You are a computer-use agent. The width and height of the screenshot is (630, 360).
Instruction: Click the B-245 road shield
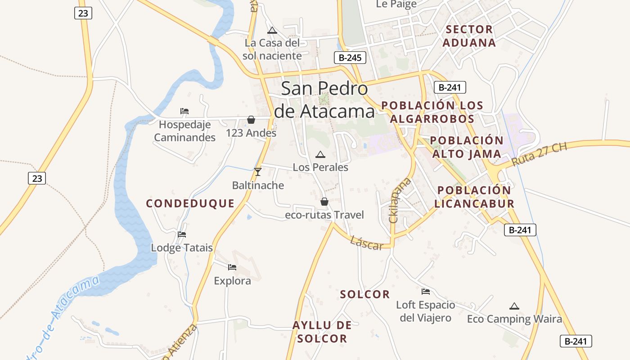click(350, 58)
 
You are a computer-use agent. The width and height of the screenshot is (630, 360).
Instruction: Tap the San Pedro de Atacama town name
click(324, 100)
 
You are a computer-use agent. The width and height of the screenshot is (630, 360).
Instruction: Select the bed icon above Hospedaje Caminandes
click(184, 111)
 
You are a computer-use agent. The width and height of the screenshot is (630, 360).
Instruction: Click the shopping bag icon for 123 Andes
click(251, 120)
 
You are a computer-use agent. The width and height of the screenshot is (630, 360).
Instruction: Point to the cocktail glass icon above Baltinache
click(258, 172)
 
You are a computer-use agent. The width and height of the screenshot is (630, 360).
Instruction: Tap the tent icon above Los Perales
click(320, 155)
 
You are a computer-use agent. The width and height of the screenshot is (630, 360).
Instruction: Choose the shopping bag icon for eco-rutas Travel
click(324, 202)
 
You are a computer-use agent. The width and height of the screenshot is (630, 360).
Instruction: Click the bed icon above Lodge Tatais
click(182, 234)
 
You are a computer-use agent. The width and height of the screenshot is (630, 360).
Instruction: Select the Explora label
click(232, 281)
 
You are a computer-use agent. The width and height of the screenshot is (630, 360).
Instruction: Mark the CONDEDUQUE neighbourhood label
click(190, 203)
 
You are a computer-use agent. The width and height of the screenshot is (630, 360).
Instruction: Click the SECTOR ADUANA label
click(469, 36)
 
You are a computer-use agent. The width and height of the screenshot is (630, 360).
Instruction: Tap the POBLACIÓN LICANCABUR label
click(474, 197)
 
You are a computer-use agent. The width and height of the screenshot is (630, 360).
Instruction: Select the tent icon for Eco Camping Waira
click(514, 306)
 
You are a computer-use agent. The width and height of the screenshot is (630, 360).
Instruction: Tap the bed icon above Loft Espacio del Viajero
click(425, 292)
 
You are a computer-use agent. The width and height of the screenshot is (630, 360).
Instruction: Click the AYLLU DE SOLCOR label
click(322, 332)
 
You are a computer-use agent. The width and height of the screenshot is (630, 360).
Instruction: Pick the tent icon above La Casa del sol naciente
click(272, 31)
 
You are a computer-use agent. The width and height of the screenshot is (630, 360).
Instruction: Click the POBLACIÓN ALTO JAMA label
click(466, 147)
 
